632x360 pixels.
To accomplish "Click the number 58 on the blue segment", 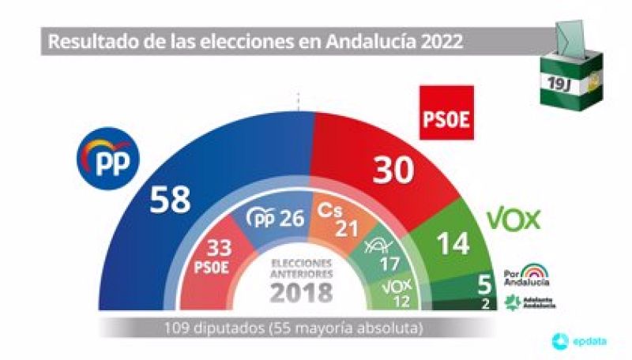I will tap(170, 200).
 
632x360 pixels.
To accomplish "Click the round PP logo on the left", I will tap(107, 161).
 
